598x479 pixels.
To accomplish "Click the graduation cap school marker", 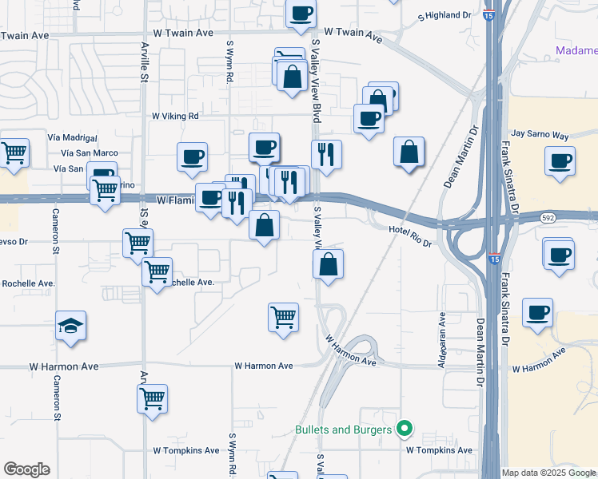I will pos(71,326).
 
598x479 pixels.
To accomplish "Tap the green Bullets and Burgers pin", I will pos(405,430).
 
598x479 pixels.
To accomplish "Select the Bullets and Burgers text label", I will pos(345,430).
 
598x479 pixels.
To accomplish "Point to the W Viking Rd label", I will pos(175,116).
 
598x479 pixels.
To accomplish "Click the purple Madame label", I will pos(576,52).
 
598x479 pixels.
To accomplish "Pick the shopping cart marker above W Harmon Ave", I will pos(284,317).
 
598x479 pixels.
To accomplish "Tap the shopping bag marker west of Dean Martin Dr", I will pos(409,152).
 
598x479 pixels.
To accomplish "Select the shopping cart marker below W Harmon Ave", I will pos(153,398).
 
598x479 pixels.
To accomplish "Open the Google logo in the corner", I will pos(26,469).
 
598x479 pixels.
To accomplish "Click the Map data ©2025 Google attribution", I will pos(548,473).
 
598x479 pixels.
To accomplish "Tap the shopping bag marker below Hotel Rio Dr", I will pos(328,263).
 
